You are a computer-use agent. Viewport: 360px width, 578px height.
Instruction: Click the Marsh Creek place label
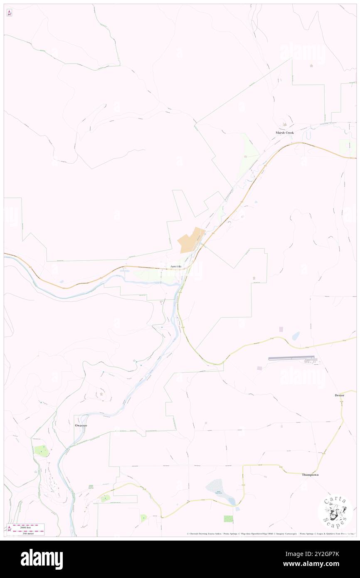point(284,133)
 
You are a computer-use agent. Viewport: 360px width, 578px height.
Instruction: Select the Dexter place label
point(339,395)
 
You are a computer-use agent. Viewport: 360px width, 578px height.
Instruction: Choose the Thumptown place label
point(310,474)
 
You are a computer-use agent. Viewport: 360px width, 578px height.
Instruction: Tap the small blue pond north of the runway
point(296,335)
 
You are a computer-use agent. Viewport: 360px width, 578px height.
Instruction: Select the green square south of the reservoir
point(228,519)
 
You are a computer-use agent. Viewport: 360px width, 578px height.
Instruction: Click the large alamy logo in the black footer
point(42,559)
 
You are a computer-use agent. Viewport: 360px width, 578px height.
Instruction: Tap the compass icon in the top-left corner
point(9,13)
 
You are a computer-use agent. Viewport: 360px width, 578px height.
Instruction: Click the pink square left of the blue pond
point(281,329)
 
